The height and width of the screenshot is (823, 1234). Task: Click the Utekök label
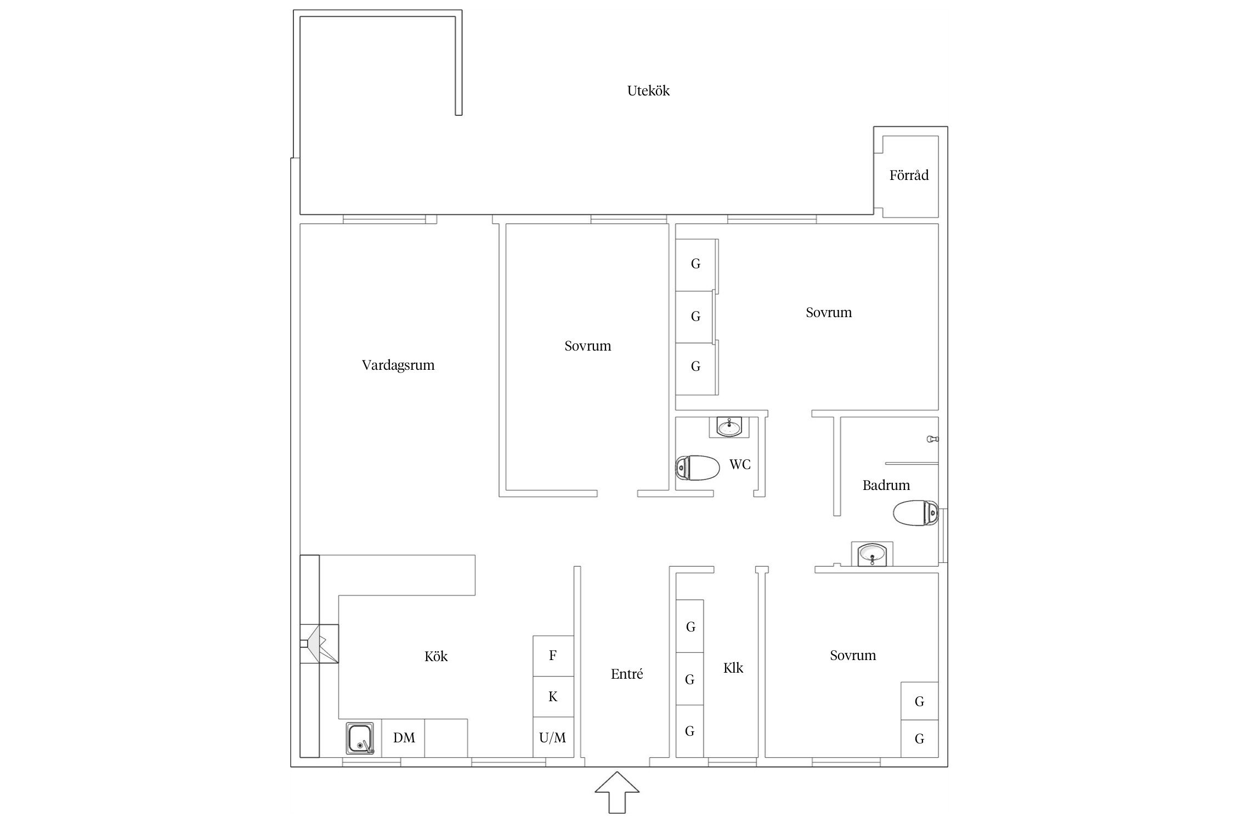(648, 91)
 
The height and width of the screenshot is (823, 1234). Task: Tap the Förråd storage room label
(909, 175)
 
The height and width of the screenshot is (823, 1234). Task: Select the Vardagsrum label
(398, 365)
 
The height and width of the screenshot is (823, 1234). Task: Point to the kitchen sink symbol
(360, 739)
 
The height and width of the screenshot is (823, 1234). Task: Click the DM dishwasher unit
(404, 738)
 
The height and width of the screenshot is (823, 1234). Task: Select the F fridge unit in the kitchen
(553, 656)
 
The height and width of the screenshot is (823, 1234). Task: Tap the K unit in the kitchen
(553, 696)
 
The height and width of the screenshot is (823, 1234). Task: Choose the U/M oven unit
(553, 737)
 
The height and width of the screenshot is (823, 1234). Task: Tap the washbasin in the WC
(729, 427)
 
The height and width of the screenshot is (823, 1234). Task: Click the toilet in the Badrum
(915, 513)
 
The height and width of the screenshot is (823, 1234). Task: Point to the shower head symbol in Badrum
(932, 439)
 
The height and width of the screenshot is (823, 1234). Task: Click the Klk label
(733, 668)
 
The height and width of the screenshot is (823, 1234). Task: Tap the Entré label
(627, 674)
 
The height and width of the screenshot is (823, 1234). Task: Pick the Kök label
(436, 656)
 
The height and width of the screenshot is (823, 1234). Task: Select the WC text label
(740, 465)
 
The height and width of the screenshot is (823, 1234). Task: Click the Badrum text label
(886, 485)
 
